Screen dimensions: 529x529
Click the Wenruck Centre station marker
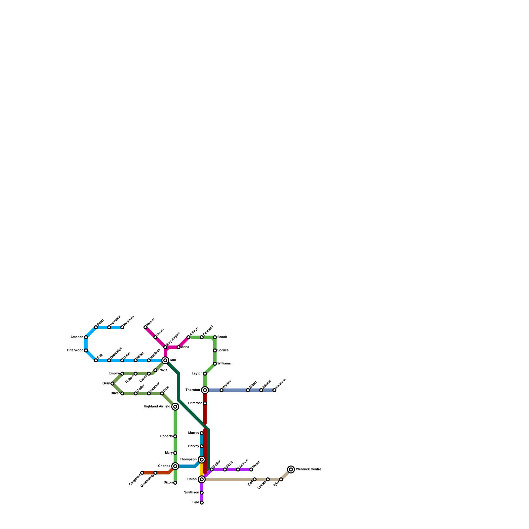pyautogui.click(x=291, y=469)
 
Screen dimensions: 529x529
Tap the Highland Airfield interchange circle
pyautogui.click(x=175, y=407)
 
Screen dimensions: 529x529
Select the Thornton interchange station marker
pyautogui.click(x=205, y=390)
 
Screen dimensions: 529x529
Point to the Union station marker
pyautogui.click(x=202, y=479)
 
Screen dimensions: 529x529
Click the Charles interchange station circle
pyautogui.click(x=175, y=466)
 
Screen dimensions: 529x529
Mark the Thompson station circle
pyautogui.click(x=202, y=460)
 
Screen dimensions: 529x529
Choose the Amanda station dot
pyautogui.click(x=86, y=337)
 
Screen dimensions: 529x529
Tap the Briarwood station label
pyautogui.click(x=75, y=350)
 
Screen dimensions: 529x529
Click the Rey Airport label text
pyautogui.click(x=174, y=339)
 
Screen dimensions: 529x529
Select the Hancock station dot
pyautogui.click(x=274, y=390)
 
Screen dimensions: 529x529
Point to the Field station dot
pyautogui.click(x=202, y=503)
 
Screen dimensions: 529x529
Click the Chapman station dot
pyautogui.click(x=142, y=473)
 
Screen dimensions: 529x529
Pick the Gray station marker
pyautogui.click(x=112, y=384)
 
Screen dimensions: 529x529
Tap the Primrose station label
pyautogui.click(x=195, y=403)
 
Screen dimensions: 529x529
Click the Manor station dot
pyautogui.click(x=145, y=327)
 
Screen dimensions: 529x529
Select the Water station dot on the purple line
pyautogui.click(x=251, y=469)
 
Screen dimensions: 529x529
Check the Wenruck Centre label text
pyautogui.click(x=308, y=469)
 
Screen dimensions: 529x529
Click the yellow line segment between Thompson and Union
pyautogui.click(x=202, y=469)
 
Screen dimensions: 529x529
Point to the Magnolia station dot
pyautogui.click(x=122, y=327)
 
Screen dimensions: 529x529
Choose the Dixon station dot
pyautogui.click(x=175, y=483)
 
